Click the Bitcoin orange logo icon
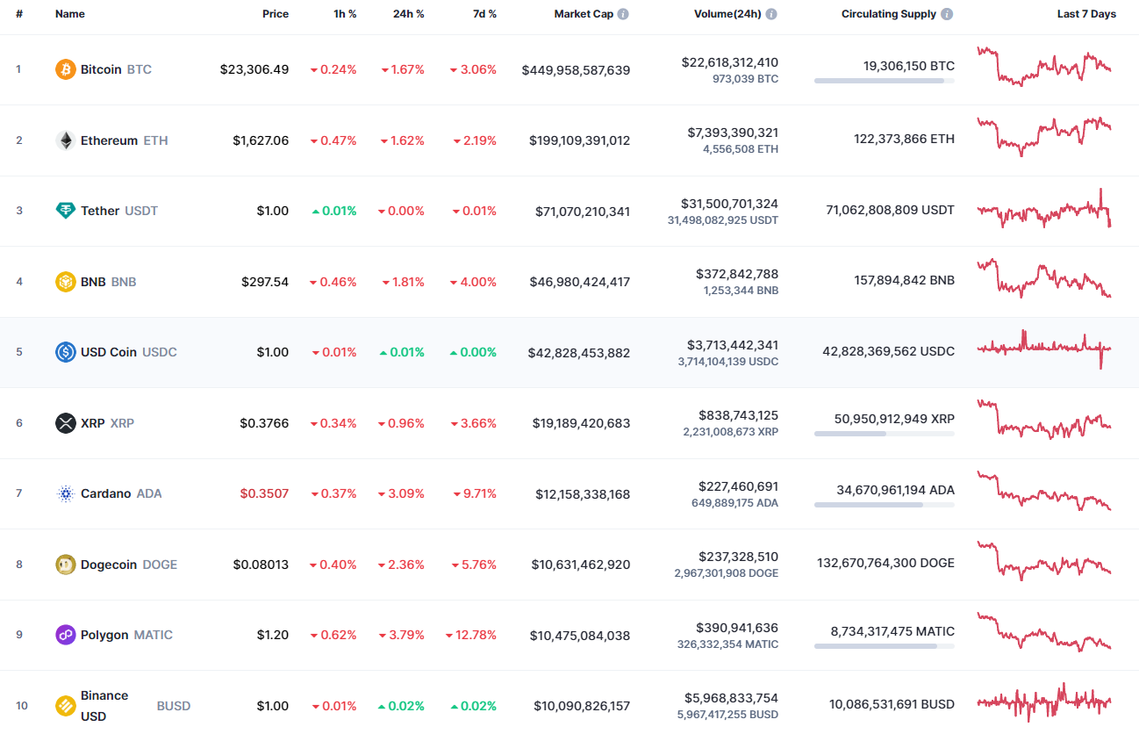[x=66, y=69]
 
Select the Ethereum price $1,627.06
[x=260, y=140]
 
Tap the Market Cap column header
[x=584, y=14]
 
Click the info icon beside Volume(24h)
[x=770, y=14]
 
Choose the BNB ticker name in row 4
[x=93, y=282]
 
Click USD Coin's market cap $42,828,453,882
[x=578, y=352]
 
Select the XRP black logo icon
[x=66, y=423]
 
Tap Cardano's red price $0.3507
[x=264, y=493]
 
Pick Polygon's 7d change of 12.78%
[x=470, y=635]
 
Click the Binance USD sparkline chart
[x=1043, y=702]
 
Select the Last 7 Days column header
[x=1086, y=14]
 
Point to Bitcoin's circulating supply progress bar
[x=884, y=81]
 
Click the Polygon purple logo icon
[x=66, y=635]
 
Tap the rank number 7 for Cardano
[x=19, y=493]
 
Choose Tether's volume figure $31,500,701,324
[x=730, y=204]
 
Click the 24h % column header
[x=408, y=14]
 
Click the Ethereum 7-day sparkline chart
[x=1043, y=136]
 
